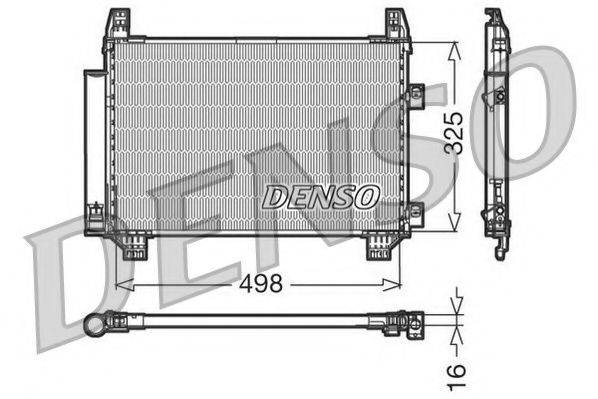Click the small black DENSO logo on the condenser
pos(320,197)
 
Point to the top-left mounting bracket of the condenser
pos(119,24)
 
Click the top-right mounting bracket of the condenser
pos(396,24)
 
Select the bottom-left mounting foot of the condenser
pos(134,246)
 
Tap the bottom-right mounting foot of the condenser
pos(379,246)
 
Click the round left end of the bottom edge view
pos(95,324)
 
